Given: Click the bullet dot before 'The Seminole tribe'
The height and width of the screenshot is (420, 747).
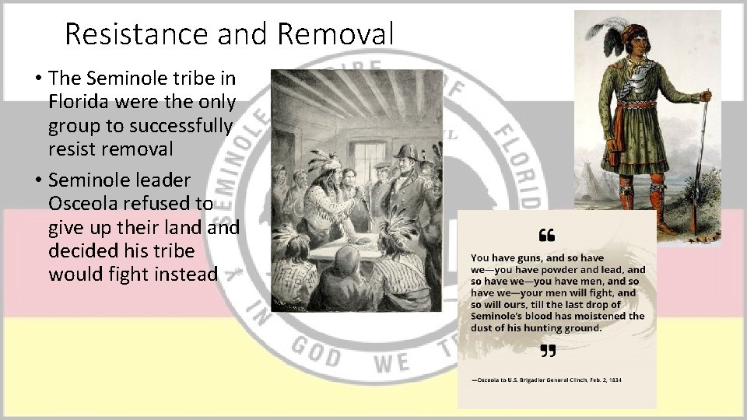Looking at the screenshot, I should [x=37, y=78].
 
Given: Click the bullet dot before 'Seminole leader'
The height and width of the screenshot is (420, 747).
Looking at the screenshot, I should [x=37, y=180].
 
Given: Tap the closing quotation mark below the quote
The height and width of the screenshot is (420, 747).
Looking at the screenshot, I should [x=547, y=352].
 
